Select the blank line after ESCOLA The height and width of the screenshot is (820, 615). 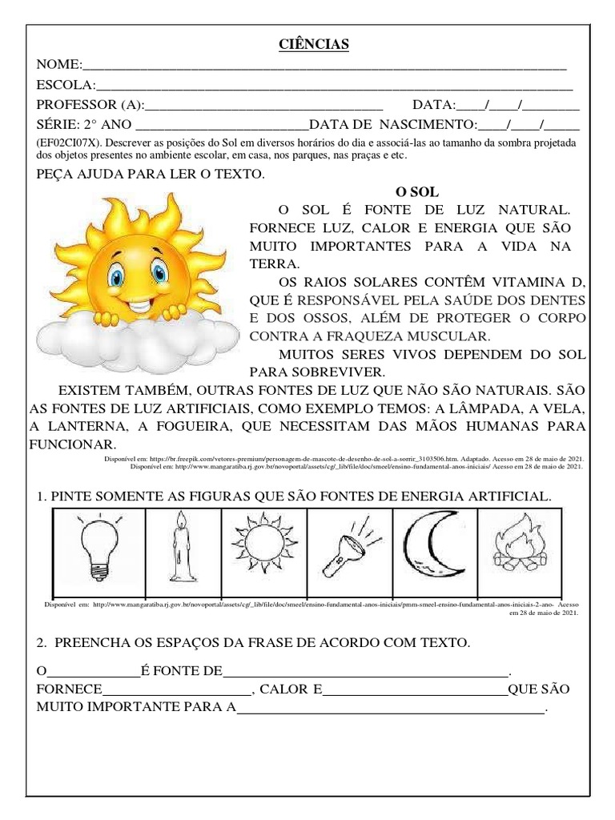334,86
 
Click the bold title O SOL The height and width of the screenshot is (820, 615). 418,192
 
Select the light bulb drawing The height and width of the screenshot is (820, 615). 98,547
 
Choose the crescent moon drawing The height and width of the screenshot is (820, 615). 435,548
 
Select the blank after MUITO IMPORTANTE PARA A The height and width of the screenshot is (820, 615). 391,709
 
